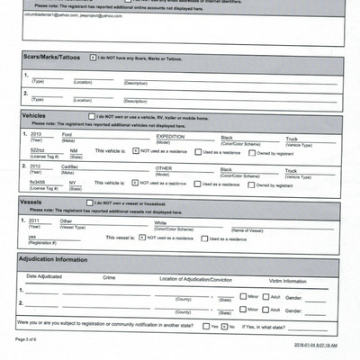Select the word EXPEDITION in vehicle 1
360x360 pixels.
(x=170, y=134)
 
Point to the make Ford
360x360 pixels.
(x=67, y=134)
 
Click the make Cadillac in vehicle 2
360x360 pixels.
(x=70, y=166)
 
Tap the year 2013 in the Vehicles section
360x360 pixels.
(x=37, y=134)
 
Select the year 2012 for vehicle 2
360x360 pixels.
(x=37, y=166)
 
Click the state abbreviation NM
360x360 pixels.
(x=74, y=150)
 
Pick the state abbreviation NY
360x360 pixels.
(x=74, y=182)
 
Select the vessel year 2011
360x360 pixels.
(x=35, y=220)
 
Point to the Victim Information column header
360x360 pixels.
(x=287, y=281)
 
